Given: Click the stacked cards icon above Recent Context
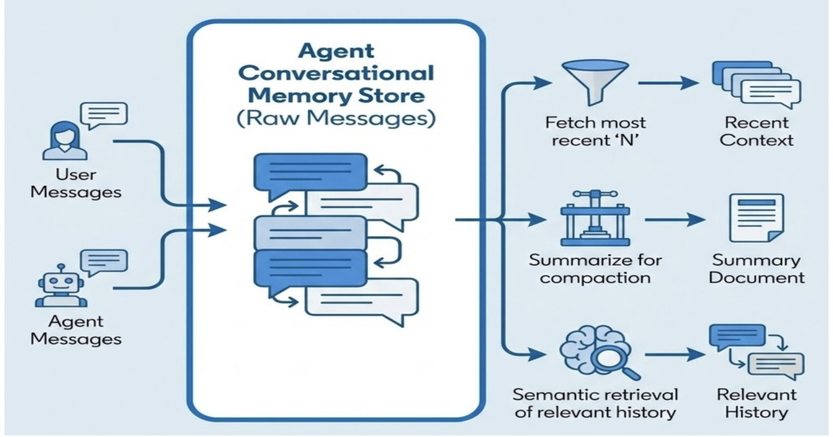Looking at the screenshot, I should tap(755, 85).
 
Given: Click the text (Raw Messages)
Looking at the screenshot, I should tap(337, 118).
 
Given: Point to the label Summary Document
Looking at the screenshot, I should tap(757, 269).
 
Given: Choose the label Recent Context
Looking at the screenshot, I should tap(756, 131).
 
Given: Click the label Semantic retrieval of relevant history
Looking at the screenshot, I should tap(594, 404).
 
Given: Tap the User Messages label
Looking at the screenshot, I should tap(76, 183).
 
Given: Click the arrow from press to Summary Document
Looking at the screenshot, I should tap(673, 221).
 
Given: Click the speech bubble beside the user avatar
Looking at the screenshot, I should tap(104, 114).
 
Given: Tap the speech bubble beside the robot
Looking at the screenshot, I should tap(104, 262).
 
